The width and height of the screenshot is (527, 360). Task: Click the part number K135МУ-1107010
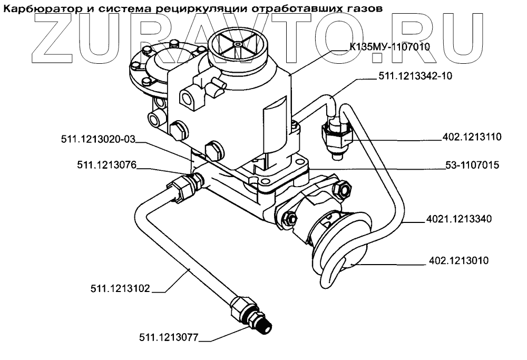click(390, 47)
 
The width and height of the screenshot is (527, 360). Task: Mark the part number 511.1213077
click(169, 337)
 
